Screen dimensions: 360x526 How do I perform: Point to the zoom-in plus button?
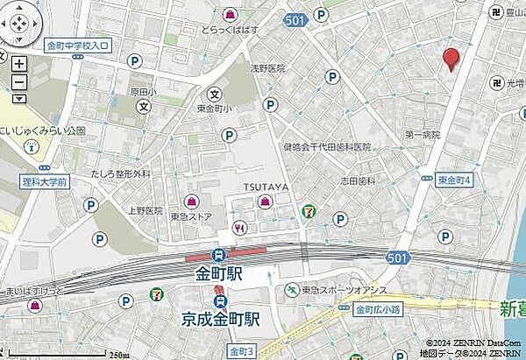[x=19, y=63]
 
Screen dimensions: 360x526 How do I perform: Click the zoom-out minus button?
[x=19, y=84]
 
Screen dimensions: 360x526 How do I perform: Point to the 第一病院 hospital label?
[x=422, y=135]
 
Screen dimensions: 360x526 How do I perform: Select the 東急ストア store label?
[x=191, y=216]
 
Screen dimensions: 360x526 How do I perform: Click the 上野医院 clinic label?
[x=146, y=211]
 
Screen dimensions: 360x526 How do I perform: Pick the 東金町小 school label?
[x=213, y=109]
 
